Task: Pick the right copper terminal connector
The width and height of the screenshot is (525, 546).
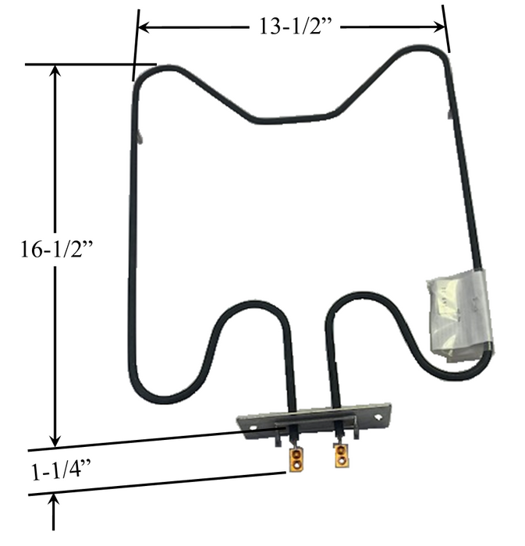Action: [341, 457]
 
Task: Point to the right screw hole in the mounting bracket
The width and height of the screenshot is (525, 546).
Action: [378, 417]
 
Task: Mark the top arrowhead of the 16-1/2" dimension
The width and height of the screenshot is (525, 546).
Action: [55, 71]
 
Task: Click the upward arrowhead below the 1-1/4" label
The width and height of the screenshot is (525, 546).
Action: [55, 500]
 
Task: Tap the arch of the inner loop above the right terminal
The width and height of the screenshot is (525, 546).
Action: [351, 296]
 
